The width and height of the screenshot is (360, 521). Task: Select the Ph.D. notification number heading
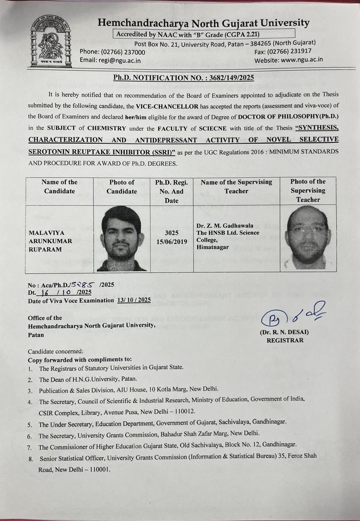(x=184, y=78)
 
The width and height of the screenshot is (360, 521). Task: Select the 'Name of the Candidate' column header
(x=60, y=186)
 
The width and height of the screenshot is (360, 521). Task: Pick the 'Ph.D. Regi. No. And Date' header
(x=171, y=191)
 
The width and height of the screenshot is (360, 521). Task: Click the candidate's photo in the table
(x=122, y=239)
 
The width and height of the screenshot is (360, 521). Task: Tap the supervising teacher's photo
(x=308, y=239)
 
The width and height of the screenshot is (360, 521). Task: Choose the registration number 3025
(x=171, y=233)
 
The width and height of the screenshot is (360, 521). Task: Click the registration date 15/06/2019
(x=171, y=241)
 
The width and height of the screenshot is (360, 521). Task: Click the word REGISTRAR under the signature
(x=285, y=340)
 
